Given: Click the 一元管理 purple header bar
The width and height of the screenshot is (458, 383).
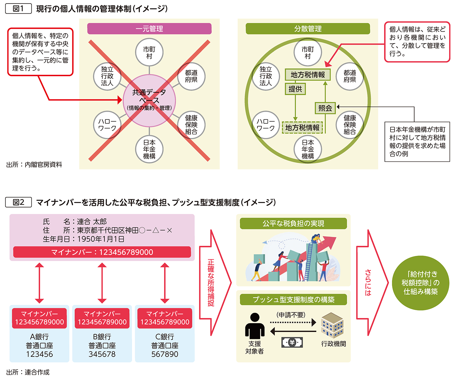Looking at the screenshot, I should pos(149,29).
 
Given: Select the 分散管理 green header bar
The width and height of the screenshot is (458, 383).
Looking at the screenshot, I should pos(308,29).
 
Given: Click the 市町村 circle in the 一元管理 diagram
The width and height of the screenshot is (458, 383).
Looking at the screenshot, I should pos(149,52).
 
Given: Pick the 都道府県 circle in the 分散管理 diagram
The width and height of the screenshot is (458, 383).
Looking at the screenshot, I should pos(350,76).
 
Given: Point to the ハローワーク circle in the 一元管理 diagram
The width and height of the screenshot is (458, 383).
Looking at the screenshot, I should pos(107,125).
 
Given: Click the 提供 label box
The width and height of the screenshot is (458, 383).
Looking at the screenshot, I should pos(295,89).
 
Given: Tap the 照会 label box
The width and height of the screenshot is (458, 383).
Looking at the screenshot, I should pos(325,108).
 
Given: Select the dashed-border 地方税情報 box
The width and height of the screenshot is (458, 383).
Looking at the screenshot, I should pos(302,127).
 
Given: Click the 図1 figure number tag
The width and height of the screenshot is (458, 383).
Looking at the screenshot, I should pos(18,9).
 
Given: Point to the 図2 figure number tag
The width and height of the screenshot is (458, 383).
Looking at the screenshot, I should pos(18,202).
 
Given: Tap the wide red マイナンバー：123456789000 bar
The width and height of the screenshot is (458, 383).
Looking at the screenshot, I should pos(102,252).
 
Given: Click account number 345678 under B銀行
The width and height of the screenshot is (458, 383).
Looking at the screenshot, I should pos(102,354).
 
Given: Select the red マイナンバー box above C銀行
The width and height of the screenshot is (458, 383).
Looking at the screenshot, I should pos(165,318).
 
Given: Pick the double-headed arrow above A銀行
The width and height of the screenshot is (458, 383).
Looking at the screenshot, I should pos(39,283).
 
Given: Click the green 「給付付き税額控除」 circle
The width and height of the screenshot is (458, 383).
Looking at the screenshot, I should pos(420,283).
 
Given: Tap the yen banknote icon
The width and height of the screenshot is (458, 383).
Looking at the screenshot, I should pos(292,342).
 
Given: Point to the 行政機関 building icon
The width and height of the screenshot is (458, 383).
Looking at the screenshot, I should pos(332,325).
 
